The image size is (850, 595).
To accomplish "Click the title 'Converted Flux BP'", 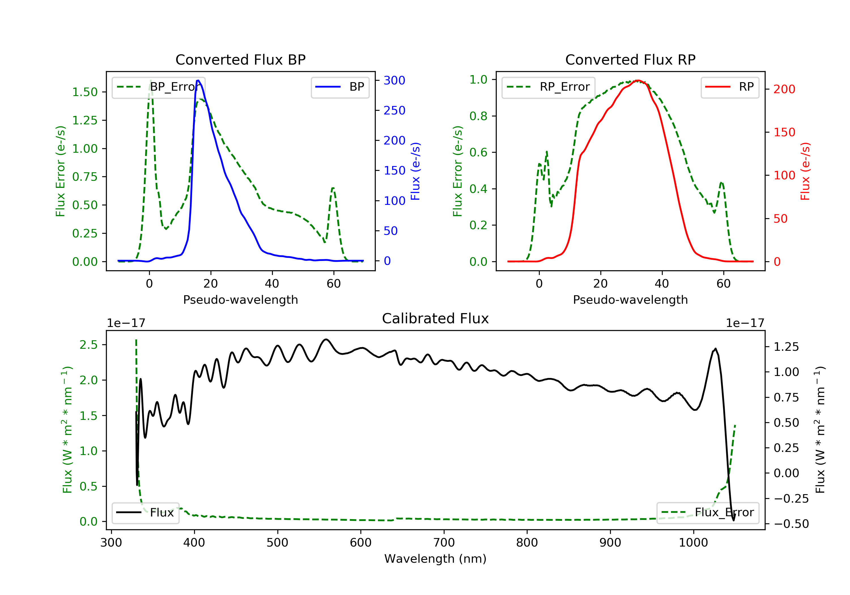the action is [x=240, y=59].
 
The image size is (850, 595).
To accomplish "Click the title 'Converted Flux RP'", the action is [x=630, y=59].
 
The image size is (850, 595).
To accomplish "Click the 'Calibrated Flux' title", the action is [x=435, y=318].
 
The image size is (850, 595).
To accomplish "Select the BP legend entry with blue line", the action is [x=340, y=87].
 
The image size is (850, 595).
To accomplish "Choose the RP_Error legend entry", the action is [x=548, y=87].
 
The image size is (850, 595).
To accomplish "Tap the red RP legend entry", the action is [x=730, y=87].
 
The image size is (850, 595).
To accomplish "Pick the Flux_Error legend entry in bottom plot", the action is [x=707, y=513].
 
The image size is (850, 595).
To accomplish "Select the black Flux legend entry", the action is [x=145, y=513].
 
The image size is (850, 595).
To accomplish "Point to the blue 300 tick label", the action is [x=394, y=80].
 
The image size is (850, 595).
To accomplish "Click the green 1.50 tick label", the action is [x=85, y=92].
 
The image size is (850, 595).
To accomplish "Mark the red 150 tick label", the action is [x=784, y=132].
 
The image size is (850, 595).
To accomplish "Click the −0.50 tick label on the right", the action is [x=791, y=524].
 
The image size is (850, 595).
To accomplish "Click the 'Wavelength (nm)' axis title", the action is [x=435, y=559].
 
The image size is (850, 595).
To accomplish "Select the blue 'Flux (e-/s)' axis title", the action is [x=415, y=171].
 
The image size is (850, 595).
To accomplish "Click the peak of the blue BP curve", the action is [x=198, y=80].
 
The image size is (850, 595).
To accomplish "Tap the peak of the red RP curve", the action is [x=637, y=80].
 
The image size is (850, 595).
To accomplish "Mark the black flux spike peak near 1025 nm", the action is [x=715, y=349].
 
